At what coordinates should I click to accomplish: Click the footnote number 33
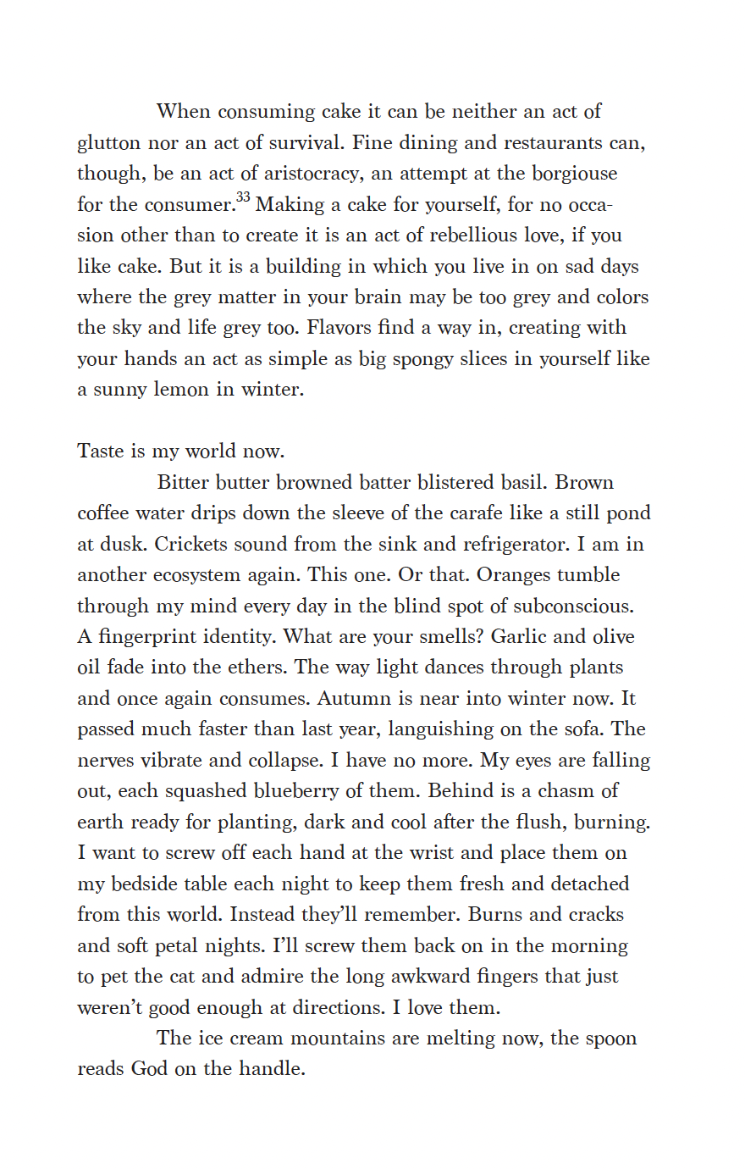pos(243,198)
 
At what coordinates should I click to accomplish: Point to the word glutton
pos(109,143)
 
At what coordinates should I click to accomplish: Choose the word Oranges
pos(515,575)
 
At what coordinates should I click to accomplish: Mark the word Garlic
pos(523,637)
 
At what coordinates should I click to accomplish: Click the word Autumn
pos(354,699)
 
